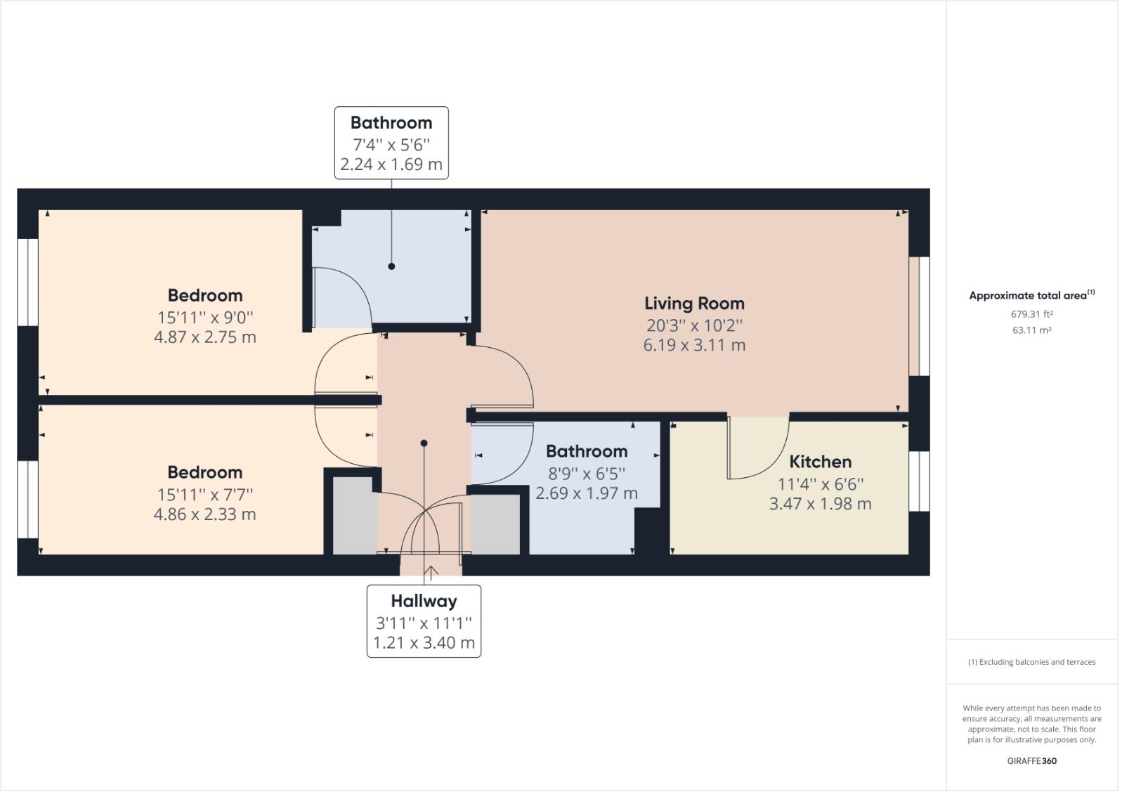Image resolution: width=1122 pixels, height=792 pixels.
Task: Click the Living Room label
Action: coord(693,304)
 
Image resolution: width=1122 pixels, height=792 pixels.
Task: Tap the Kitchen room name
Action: coord(820,462)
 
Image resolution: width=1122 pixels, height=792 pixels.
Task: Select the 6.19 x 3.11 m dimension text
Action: coord(693,345)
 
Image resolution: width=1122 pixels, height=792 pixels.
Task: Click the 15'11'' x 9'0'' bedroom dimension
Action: coord(204,316)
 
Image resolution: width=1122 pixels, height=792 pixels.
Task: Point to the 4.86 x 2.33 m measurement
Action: coord(204,514)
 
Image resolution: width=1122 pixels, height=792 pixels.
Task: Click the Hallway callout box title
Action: coord(424,601)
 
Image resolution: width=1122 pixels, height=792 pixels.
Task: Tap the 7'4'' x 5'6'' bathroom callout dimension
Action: coord(391,145)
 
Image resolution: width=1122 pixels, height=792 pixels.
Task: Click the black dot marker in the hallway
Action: coord(424,443)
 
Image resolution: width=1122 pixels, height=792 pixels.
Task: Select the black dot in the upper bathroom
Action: coord(391,266)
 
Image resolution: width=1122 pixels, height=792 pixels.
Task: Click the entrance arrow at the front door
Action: coord(431,572)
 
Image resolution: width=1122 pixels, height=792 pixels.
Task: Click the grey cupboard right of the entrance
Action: coord(495,524)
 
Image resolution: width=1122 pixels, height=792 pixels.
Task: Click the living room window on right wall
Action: coord(919,316)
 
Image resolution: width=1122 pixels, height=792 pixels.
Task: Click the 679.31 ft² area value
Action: coord(1031,314)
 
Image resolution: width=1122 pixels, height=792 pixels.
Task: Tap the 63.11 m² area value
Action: coord(1031,330)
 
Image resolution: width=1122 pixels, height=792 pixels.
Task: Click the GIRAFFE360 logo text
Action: coord(1031,760)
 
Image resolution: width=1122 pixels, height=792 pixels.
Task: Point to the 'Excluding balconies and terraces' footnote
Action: coord(1031,662)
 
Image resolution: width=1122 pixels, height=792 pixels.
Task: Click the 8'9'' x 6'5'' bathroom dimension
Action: coord(586,473)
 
